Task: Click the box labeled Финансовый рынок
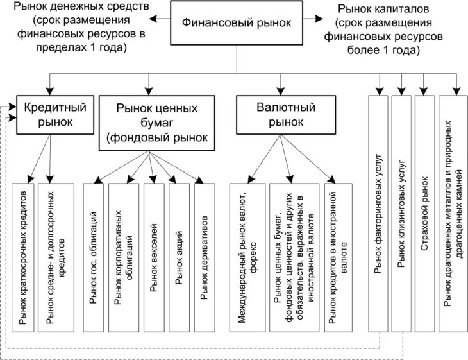[237, 22]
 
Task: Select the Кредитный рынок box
[55, 115]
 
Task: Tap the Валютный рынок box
[286, 115]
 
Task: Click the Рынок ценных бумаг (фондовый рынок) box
[156, 123]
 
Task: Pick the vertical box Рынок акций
[179, 257]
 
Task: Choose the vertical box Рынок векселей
[154, 257]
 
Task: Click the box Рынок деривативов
[205, 257]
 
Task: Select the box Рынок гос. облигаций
[94, 257]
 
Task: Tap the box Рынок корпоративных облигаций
[124, 257]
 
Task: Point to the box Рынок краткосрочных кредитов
[23, 257]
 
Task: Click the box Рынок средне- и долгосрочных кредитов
[56, 257]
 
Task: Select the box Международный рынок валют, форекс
[247, 257]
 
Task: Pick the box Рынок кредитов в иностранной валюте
[338, 257]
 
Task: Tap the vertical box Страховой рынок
[424, 214]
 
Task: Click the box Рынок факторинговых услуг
[378, 214]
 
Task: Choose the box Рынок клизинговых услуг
[401, 214]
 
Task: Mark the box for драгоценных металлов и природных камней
[453, 214]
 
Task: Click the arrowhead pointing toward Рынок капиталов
[319, 19]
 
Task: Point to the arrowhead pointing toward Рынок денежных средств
[153, 19]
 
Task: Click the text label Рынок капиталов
[383, 9]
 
